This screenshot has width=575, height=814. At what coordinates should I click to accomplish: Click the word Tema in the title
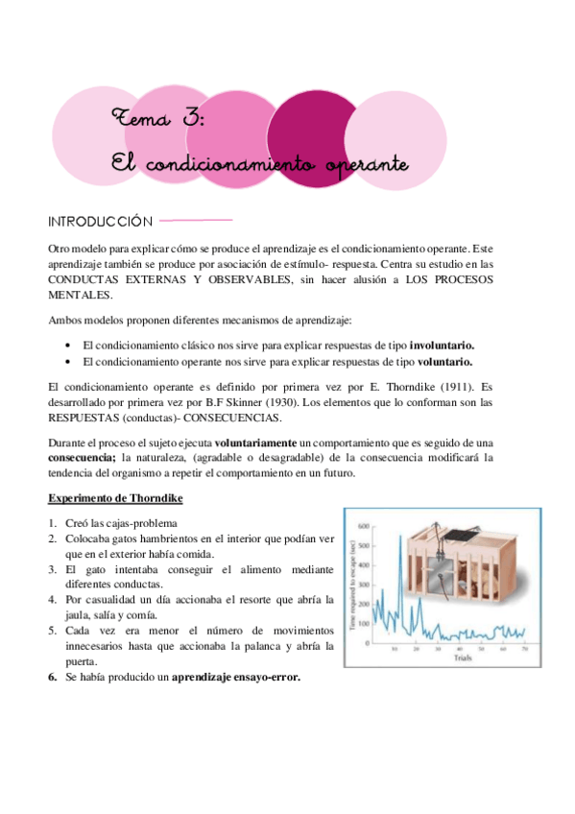pos(135,119)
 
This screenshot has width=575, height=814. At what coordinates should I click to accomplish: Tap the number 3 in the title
pos(190,119)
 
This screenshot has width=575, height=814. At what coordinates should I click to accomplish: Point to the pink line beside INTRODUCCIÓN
pos(198,220)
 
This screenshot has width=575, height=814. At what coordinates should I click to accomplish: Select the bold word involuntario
pos(442,345)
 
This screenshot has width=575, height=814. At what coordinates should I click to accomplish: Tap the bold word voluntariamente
pos(256,443)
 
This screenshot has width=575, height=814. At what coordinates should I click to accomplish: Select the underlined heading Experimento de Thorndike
pos(114,499)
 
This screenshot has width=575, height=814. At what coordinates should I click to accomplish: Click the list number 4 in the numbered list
pos(52,600)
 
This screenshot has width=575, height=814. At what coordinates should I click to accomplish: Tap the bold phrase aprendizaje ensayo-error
pos(235,676)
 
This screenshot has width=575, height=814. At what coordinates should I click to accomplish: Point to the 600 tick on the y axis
pos(363,527)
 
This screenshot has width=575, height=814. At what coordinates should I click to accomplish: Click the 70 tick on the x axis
pos(524,650)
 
